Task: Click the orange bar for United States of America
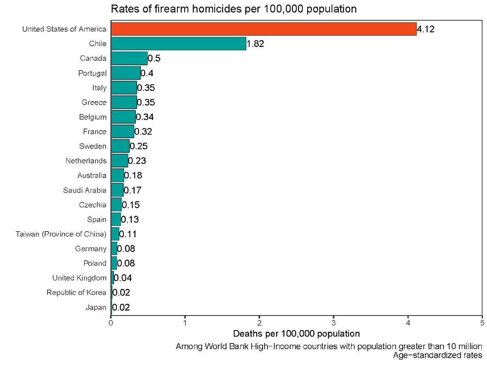pyautogui.click(x=263, y=29)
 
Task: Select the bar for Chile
pyautogui.click(x=178, y=44)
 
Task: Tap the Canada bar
pyautogui.click(x=129, y=58)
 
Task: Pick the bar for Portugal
pyautogui.click(x=125, y=73)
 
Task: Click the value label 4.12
pyautogui.click(x=426, y=29)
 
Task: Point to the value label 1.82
pyautogui.click(x=255, y=44)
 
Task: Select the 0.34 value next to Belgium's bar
pyautogui.click(x=144, y=117)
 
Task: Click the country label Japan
pyautogui.click(x=96, y=307)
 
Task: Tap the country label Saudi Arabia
pyautogui.click(x=84, y=190)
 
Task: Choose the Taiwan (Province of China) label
pyautogui.click(x=61, y=234)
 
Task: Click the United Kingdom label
pyautogui.click(x=79, y=278)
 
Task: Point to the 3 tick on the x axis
pyautogui.click(x=334, y=323)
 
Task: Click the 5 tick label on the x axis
pyautogui.click(x=482, y=323)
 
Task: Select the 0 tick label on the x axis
pyautogui.click(x=111, y=323)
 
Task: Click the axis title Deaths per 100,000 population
pyautogui.click(x=296, y=334)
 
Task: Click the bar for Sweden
pyautogui.click(x=120, y=146)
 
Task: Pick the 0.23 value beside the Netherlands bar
pyautogui.click(x=137, y=161)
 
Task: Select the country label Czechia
pyautogui.click(x=93, y=205)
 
